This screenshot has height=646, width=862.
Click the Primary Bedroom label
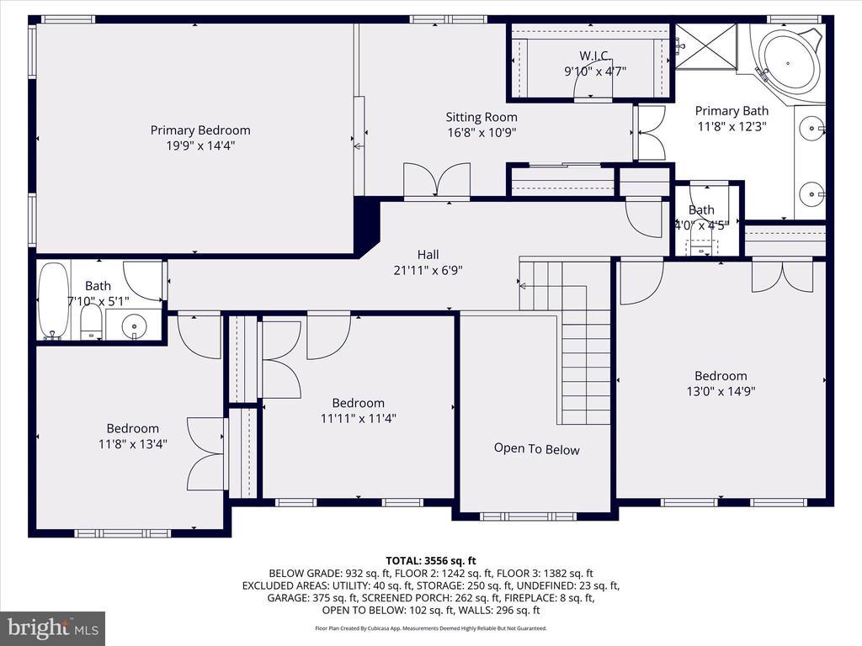coord(200,130)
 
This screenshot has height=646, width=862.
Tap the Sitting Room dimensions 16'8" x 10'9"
coord(482,132)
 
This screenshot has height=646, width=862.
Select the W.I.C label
coord(594,56)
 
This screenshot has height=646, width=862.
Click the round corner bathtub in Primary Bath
coord(788,63)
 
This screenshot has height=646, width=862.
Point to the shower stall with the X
coord(705,46)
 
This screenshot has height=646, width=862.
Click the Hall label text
coord(428,254)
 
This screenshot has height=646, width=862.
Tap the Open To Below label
coord(536,449)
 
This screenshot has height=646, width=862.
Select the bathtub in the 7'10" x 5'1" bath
coord(53,301)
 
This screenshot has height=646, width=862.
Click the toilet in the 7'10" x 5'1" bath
coord(91,321)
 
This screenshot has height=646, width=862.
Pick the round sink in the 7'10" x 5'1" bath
coord(134,326)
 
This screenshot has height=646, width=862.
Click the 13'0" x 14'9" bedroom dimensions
coord(721,391)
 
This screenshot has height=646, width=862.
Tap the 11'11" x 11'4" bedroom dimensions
coord(359,418)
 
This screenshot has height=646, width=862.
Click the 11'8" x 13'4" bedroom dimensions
coord(132,443)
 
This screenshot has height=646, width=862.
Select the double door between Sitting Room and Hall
coord(437,180)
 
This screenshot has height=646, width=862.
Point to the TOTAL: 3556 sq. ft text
coord(431,561)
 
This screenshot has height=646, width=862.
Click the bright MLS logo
coord(53,627)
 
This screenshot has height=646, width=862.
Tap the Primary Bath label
coord(732,111)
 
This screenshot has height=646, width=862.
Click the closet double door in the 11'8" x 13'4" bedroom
coord(206,453)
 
